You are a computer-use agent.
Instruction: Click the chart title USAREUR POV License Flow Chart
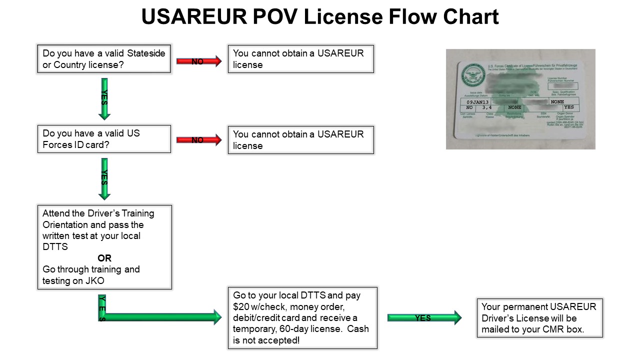pyautogui.click(x=320, y=17)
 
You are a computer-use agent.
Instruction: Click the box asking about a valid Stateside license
pyautogui.click(x=104, y=59)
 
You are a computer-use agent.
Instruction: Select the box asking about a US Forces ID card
pyautogui.click(x=104, y=139)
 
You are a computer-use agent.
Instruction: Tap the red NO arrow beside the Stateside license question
pyautogui.click(x=198, y=61)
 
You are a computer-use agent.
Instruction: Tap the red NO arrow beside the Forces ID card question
pyautogui.click(x=198, y=140)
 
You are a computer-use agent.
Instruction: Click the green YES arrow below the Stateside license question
pyautogui.click(x=104, y=98)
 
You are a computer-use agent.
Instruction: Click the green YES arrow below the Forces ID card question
pyautogui.click(x=104, y=178)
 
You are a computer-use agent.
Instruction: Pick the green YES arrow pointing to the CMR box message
pyautogui.click(x=424, y=317)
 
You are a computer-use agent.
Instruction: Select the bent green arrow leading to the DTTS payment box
pyautogui.click(x=160, y=316)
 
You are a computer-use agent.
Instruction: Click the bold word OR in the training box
pyautogui.click(x=104, y=258)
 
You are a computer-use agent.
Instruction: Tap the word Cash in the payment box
pyautogui.click(x=358, y=329)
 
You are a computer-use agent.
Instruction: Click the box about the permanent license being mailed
pyautogui.click(x=539, y=318)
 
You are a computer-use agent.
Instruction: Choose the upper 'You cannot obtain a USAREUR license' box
pyautogui.click(x=300, y=59)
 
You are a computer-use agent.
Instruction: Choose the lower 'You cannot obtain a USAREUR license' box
pyautogui.click(x=300, y=140)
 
